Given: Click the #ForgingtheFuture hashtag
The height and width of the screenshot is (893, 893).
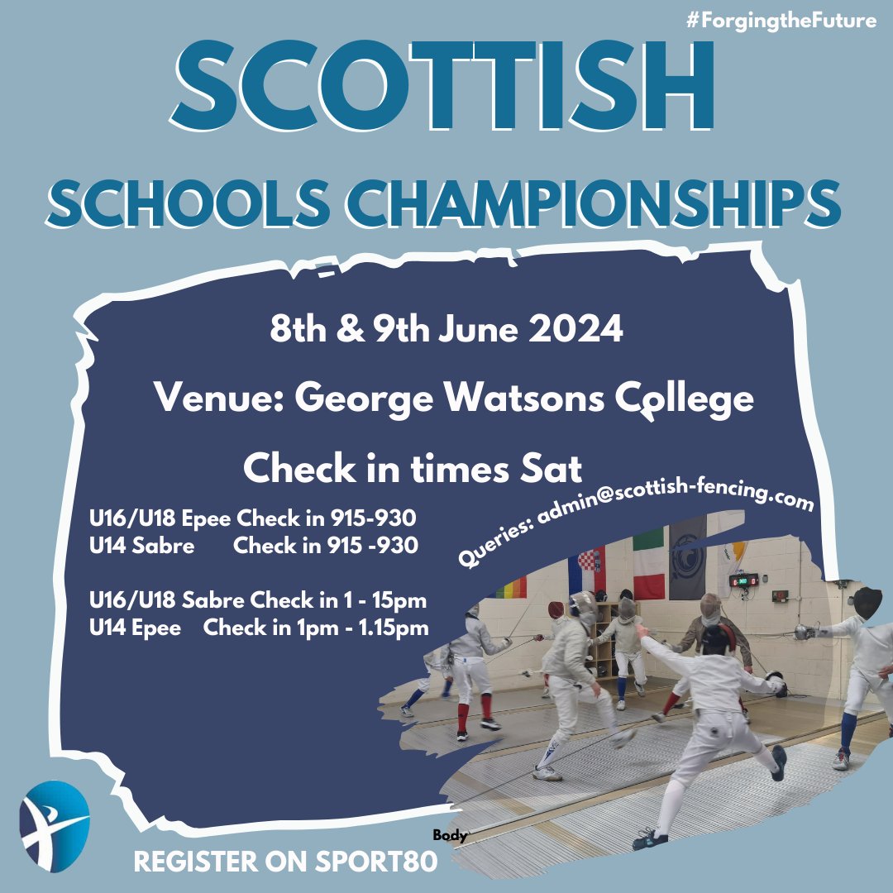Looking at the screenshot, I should coord(781,21).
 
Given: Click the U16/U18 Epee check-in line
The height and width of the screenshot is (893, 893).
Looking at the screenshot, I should coord(253,519).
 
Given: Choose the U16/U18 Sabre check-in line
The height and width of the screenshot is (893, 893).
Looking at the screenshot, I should coord(258,601).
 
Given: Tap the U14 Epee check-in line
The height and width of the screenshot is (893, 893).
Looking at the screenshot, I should coord(259,628).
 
